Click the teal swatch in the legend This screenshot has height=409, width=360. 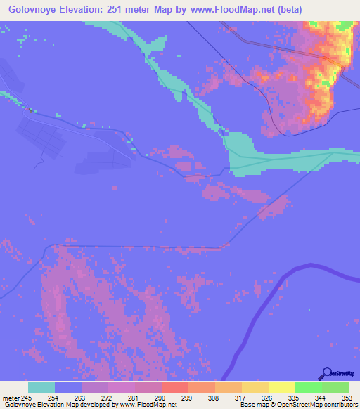41,387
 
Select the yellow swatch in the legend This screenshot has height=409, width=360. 281,387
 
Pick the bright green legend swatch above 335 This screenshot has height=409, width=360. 308,387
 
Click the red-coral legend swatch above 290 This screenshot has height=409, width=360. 174,387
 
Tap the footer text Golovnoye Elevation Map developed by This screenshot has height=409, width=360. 59,405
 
